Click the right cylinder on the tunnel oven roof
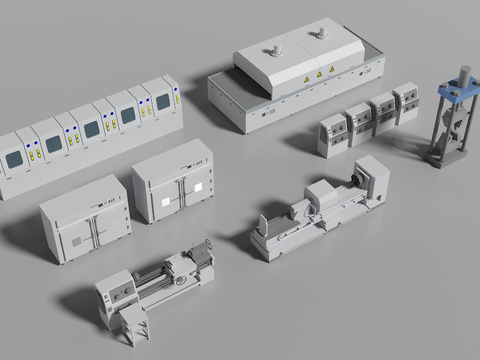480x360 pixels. (321, 34)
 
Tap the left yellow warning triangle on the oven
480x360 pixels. (306, 78)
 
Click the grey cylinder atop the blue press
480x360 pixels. (464, 72)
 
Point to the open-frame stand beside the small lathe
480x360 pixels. (132, 324)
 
